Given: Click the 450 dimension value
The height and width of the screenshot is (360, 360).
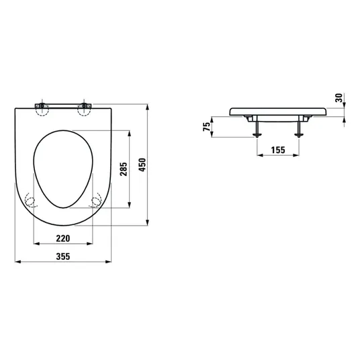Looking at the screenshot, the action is tap(142, 165).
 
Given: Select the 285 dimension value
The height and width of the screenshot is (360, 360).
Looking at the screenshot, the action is tap(124, 169).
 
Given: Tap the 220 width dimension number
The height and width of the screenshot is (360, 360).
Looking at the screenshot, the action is tap(63, 238).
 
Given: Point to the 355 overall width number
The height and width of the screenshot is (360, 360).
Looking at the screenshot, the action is tap(63, 257).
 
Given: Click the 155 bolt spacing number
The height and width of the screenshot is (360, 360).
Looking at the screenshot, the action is tap(278, 150).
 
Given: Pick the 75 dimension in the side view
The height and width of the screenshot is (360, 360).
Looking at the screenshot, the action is tap(206, 127).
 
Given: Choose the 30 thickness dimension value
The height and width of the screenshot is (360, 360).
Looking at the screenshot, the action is tap(339, 98).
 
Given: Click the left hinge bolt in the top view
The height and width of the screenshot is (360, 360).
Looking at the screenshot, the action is tap(42, 106).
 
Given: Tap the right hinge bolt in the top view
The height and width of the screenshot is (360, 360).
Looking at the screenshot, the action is tap(85, 106).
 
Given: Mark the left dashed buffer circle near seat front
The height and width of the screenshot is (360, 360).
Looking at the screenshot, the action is tap(30, 201).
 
